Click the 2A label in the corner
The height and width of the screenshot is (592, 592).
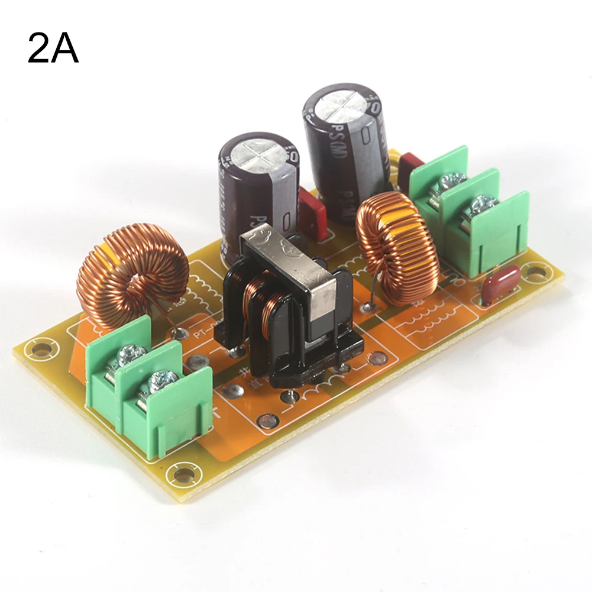pyautogui.click(x=53, y=49)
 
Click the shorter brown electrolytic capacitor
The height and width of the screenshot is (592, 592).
pyautogui.click(x=259, y=195)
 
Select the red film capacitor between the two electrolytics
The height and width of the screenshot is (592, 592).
pyautogui.click(x=312, y=215)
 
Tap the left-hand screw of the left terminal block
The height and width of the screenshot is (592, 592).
pyautogui.click(x=129, y=356)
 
